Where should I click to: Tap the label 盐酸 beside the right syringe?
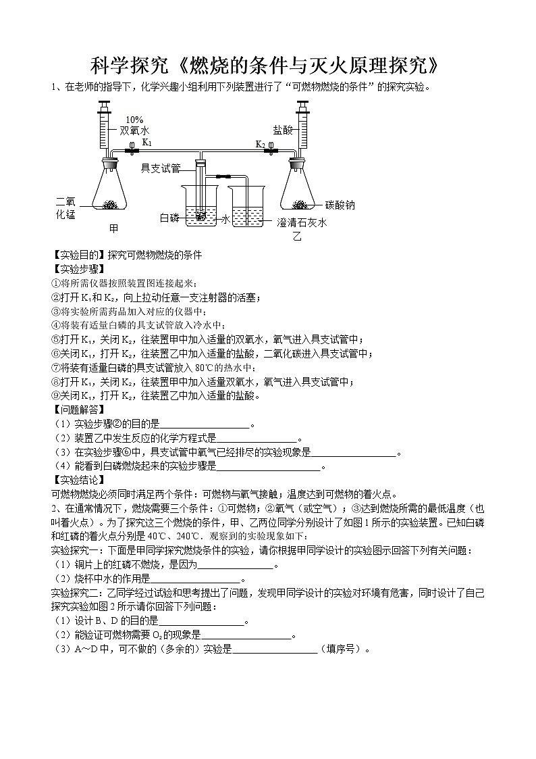tap(282, 130)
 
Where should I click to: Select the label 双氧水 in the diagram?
tap(134, 131)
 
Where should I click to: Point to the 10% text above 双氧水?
tap(134, 120)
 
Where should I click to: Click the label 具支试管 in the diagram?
tap(160, 168)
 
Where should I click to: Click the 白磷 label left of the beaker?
tap(169, 218)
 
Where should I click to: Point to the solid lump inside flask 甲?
tap(110, 203)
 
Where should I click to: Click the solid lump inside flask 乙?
tap(299, 203)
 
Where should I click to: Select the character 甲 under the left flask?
tap(114, 228)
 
